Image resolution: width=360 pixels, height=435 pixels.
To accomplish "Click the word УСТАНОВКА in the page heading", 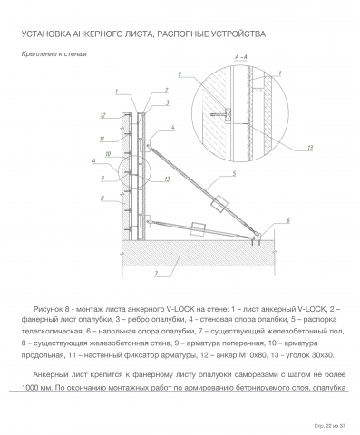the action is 46,34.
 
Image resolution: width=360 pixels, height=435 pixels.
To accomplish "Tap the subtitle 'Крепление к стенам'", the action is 54,54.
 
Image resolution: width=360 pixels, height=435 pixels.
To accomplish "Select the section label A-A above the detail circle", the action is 241,57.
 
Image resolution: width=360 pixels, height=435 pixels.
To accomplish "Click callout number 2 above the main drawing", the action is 166,90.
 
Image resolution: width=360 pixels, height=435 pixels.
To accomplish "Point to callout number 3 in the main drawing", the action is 168,103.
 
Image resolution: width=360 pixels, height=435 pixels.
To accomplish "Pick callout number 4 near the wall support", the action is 173,128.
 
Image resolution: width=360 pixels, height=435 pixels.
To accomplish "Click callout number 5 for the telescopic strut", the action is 234,174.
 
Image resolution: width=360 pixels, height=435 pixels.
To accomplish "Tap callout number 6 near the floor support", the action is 288,221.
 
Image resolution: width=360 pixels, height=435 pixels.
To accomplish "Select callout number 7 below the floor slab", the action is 156,274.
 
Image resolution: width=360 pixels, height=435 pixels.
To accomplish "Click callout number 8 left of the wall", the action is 102,198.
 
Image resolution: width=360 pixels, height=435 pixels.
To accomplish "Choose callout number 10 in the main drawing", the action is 108,154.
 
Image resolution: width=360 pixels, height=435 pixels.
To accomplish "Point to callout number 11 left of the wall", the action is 102,139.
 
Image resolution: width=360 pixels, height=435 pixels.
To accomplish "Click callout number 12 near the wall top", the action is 102,115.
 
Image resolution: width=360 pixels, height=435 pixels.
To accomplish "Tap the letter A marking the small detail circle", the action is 93,161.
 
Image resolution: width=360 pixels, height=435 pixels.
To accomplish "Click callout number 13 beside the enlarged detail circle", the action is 310,148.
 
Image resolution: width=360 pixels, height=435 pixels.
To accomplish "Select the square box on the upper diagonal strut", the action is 219,204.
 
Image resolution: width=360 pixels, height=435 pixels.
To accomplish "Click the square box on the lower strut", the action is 198,229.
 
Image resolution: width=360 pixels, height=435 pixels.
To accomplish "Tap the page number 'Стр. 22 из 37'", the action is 329,426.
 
